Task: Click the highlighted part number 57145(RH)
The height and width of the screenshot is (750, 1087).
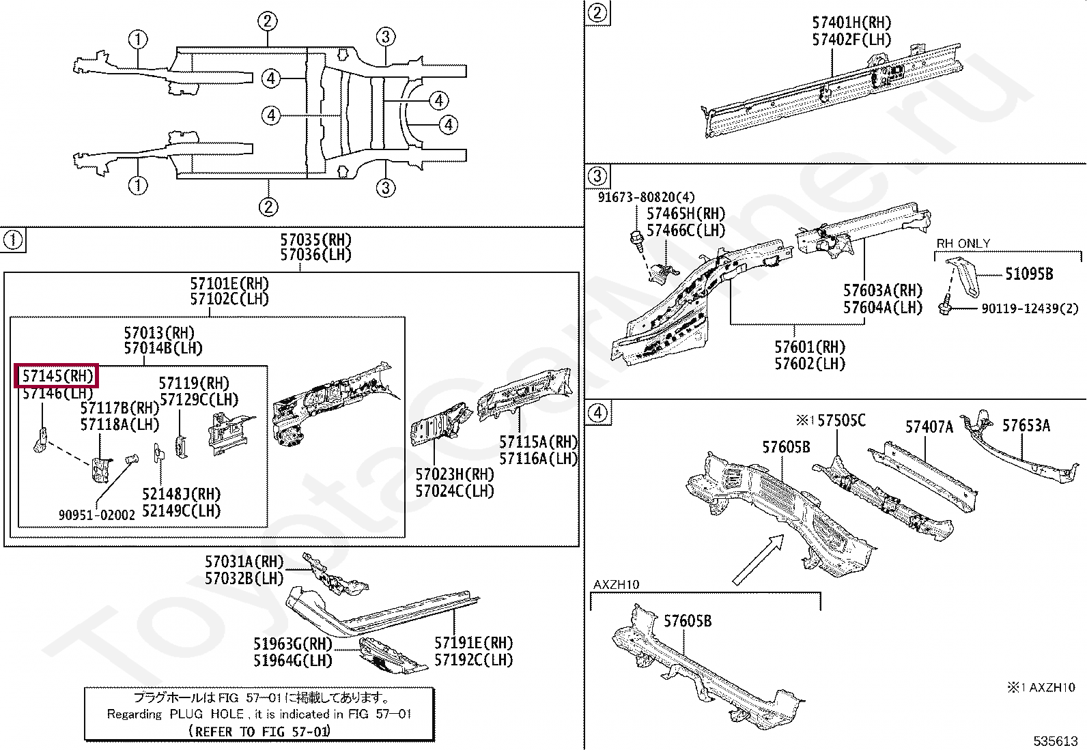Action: pos(57,376)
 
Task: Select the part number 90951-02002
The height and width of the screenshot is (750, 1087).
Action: pos(96,515)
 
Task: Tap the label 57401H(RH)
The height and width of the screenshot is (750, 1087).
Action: pos(851,23)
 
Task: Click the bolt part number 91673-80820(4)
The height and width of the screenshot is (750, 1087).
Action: pos(646,197)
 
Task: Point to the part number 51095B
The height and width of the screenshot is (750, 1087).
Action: pos(1028,274)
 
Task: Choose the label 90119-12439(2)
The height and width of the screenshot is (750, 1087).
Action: pos(1029,308)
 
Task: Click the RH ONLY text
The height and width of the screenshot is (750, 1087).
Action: pos(963,244)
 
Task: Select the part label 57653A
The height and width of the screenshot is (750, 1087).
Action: pos(1026,426)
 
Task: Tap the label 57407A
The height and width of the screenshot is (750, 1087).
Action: pos(929,427)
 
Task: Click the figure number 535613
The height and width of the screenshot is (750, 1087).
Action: pos(1055,740)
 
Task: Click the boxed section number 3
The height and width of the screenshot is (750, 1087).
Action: pos(597,176)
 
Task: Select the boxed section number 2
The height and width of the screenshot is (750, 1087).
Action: pos(597,13)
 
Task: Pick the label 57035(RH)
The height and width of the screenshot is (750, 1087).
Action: pos(315,240)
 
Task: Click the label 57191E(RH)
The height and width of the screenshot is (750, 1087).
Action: pos(473,643)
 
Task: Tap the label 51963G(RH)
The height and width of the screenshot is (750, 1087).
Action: pos(292,644)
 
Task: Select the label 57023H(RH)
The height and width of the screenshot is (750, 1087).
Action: pos(454,474)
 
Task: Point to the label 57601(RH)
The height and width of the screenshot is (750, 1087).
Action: pos(809,347)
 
